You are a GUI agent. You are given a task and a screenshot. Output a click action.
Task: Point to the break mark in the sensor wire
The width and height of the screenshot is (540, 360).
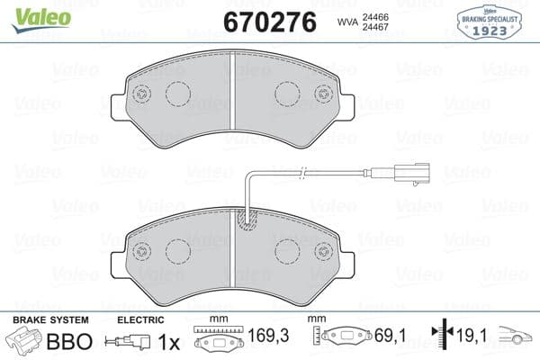point(304,173)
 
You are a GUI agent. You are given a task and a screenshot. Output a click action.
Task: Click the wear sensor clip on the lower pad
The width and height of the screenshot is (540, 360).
point(245,219)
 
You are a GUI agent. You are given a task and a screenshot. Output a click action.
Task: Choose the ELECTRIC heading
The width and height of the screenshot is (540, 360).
point(140,320)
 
